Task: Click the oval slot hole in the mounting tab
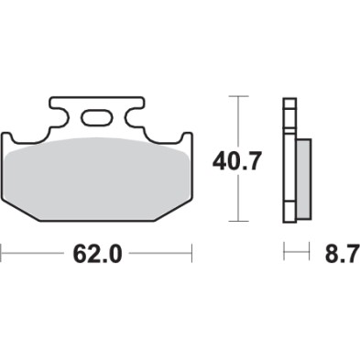95,117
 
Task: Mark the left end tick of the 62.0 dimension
2,250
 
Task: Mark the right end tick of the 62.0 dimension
191,250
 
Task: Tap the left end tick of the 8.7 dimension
284,250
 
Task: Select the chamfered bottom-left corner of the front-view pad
20,207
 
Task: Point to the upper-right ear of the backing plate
187,138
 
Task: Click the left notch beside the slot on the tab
65,116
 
